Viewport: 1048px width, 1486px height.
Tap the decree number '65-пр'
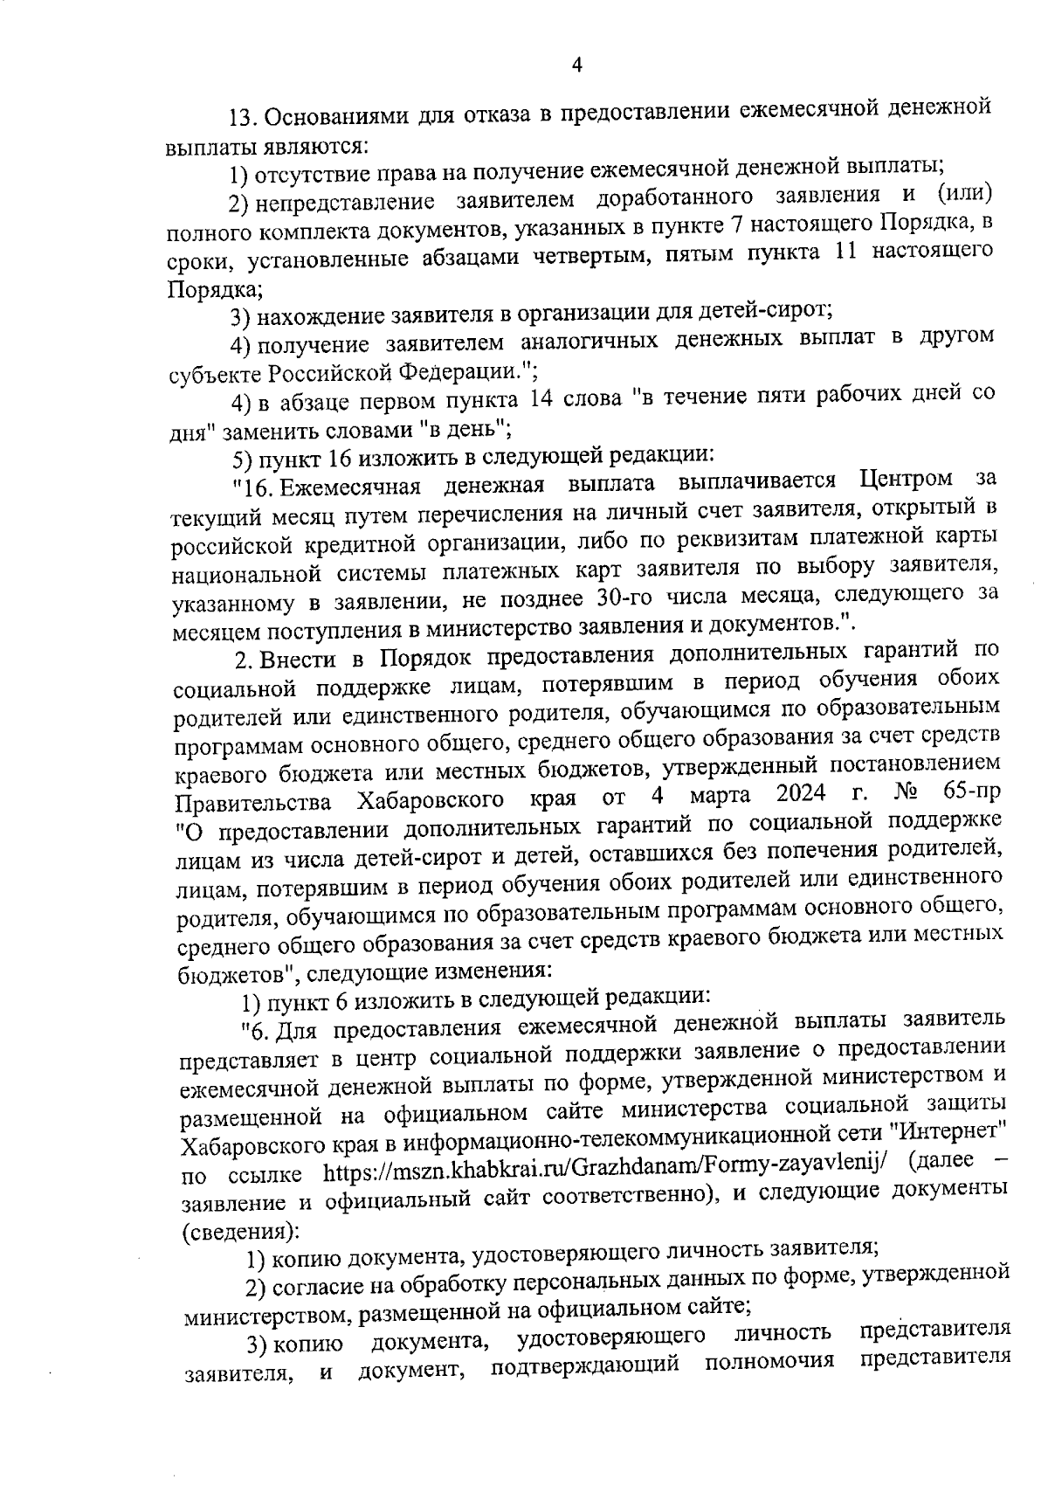point(971,796)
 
